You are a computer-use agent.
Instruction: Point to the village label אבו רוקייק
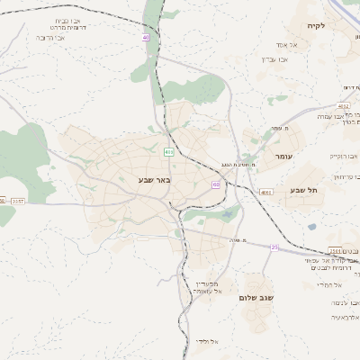pyautogui.click(x=343, y=156)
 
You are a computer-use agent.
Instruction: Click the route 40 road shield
pyautogui.click(x=145, y=37)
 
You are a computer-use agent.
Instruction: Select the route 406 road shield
pyautogui.click(x=168, y=151)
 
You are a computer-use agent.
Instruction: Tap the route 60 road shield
pyautogui.click(x=216, y=184)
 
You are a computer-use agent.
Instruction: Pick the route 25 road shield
pyautogui.click(x=274, y=246)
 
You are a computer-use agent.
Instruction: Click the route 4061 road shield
pyautogui.click(x=265, y=193)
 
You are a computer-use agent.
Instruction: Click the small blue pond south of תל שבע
pyautogui.click(x=311, y=227)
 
